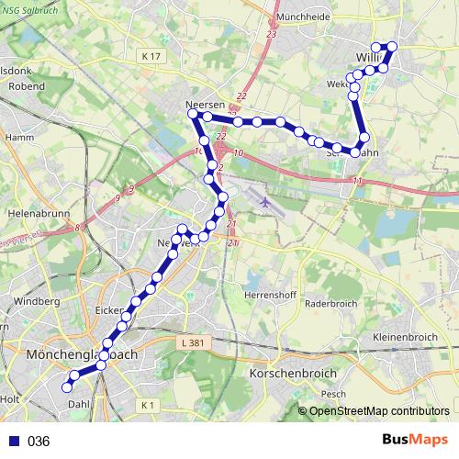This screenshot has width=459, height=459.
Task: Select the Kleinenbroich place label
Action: click(405, 337)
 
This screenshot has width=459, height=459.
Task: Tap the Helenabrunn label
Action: click(32, 212)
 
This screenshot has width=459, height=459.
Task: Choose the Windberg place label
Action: click(37, 300)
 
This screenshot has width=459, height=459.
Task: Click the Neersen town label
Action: click(204, 106)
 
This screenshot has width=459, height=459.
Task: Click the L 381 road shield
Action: click(191, 341)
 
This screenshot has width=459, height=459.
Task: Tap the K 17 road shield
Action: click(151, 57)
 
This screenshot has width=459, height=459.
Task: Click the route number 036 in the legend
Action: click(39, 442)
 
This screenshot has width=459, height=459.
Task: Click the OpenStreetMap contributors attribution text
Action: click(380, 411)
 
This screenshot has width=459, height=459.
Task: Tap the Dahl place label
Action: click(78, 402)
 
